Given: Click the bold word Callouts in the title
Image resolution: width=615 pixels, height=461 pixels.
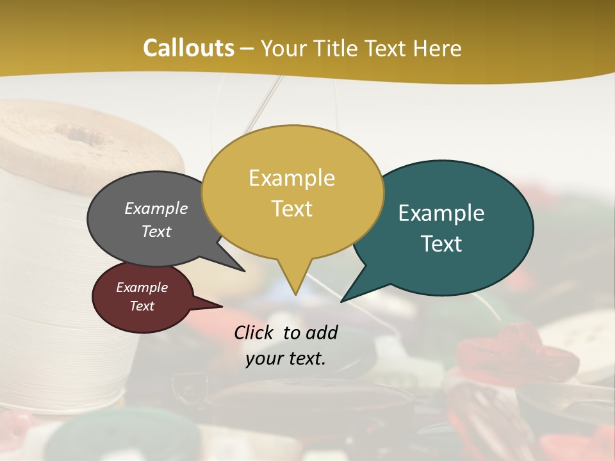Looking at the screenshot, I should click(x=188, y=48).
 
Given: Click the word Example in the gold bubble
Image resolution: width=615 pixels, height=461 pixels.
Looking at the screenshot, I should click(x=291, y=177).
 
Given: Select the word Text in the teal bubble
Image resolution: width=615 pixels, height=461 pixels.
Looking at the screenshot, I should click(x=441, y=244).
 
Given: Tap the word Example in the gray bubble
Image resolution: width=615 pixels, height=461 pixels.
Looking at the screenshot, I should click(x=156, y=209).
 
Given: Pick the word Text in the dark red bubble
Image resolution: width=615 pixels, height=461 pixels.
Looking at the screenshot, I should click(x=142, y=306).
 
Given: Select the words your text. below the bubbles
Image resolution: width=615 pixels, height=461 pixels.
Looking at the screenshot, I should click(x=285, y=359).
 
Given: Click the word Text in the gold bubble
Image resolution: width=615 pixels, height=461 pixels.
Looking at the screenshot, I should click(x=291, y=209).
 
